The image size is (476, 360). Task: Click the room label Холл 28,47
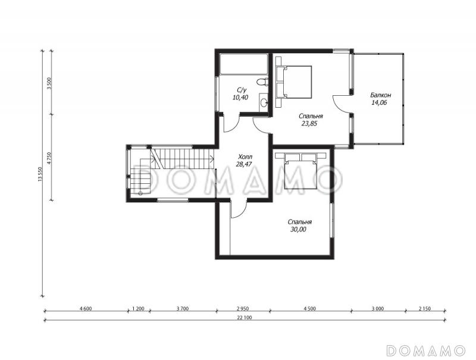[x=245, y=161]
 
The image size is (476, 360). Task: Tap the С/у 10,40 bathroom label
[x=240, y=94]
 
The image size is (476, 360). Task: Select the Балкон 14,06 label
[x=380, y=99]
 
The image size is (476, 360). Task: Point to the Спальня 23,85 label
[x=310, y=120]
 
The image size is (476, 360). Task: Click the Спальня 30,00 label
[x=299, y=226]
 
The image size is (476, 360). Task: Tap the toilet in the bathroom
[x=262, y=82]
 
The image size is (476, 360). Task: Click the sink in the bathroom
[x=264, y=102]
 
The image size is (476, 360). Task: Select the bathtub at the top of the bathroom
[x=243, y=64]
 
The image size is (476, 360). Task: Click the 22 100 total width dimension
[x=246, y=318]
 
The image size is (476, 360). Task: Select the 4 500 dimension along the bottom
[x=309, y=309]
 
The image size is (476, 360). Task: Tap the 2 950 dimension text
[x=243, y=309]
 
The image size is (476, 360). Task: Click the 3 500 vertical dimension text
[x=50, y=83]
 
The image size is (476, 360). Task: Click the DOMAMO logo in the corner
[x=427, y=350]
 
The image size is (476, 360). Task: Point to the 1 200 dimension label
[x=138, y=309]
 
